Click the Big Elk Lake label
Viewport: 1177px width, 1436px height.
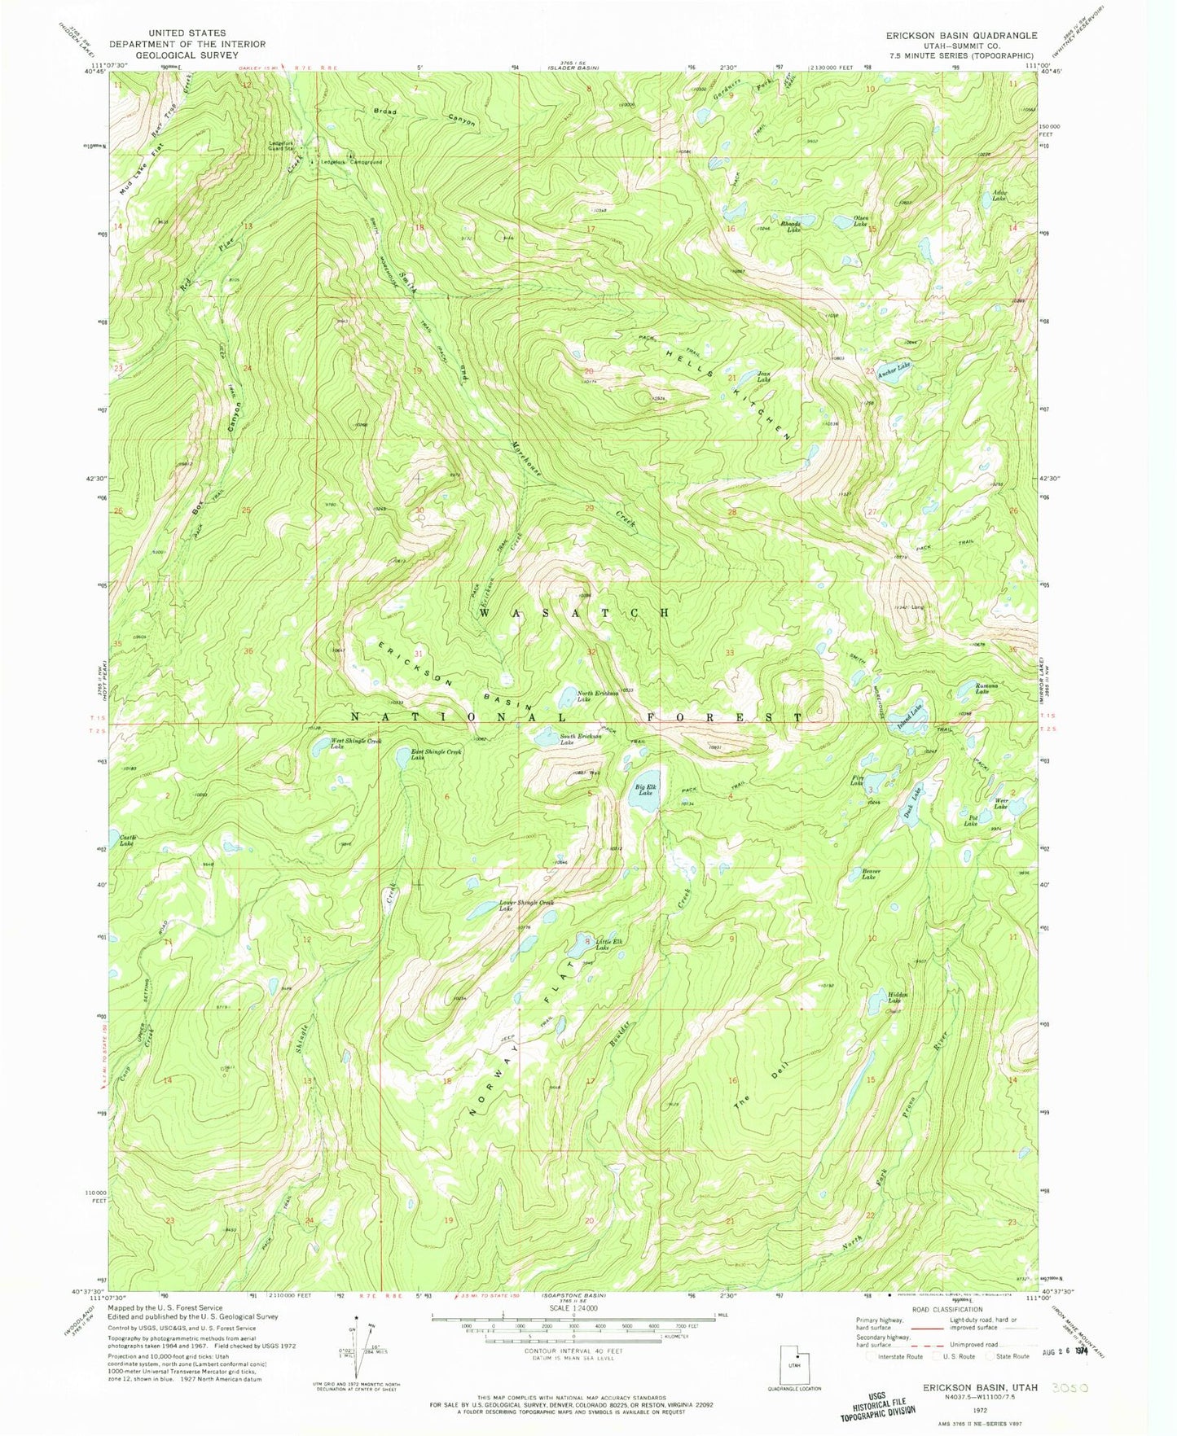644,790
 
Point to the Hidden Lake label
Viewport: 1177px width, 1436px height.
897,998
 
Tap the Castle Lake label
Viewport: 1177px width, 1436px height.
128,840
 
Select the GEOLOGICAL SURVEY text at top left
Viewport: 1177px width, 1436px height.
187,55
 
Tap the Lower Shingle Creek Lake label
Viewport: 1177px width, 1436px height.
526,905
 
